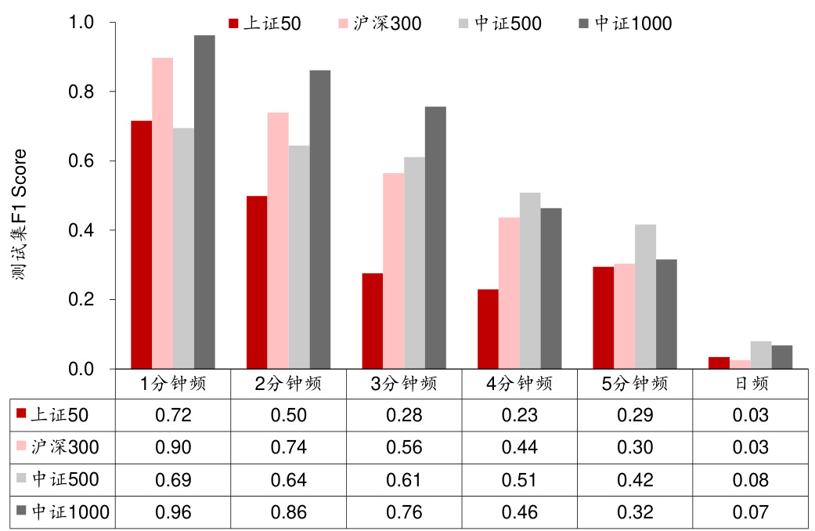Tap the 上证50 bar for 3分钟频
pyautogui.click(x=372, y=321)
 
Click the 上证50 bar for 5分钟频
pyautogui.click(x=603, y=317)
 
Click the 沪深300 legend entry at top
pyautogui.click(x=379, y=23)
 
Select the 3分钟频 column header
pyautogui.click(x=403, y=384)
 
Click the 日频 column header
pyautogui.click(x=751, y=384)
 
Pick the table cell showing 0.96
pyautogui.click(x=174, y=512)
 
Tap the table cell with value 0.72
pyautogui.click(x=174, y=415)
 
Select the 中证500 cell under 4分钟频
pyautogui.click(x=519, y=480)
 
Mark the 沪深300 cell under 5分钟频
pyautogui.click(x=635, y=447)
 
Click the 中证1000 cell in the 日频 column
pyautogui.click(x=751, y=512)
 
